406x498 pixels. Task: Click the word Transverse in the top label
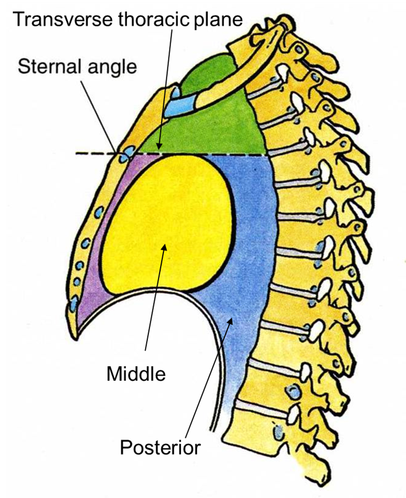[63, 20]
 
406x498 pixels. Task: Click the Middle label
[136, 374]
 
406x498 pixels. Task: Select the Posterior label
[160, 448]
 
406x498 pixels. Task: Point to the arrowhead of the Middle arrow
[165, 247]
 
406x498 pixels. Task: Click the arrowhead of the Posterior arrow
[231, 320]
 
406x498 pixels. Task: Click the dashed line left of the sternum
[95, 154]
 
